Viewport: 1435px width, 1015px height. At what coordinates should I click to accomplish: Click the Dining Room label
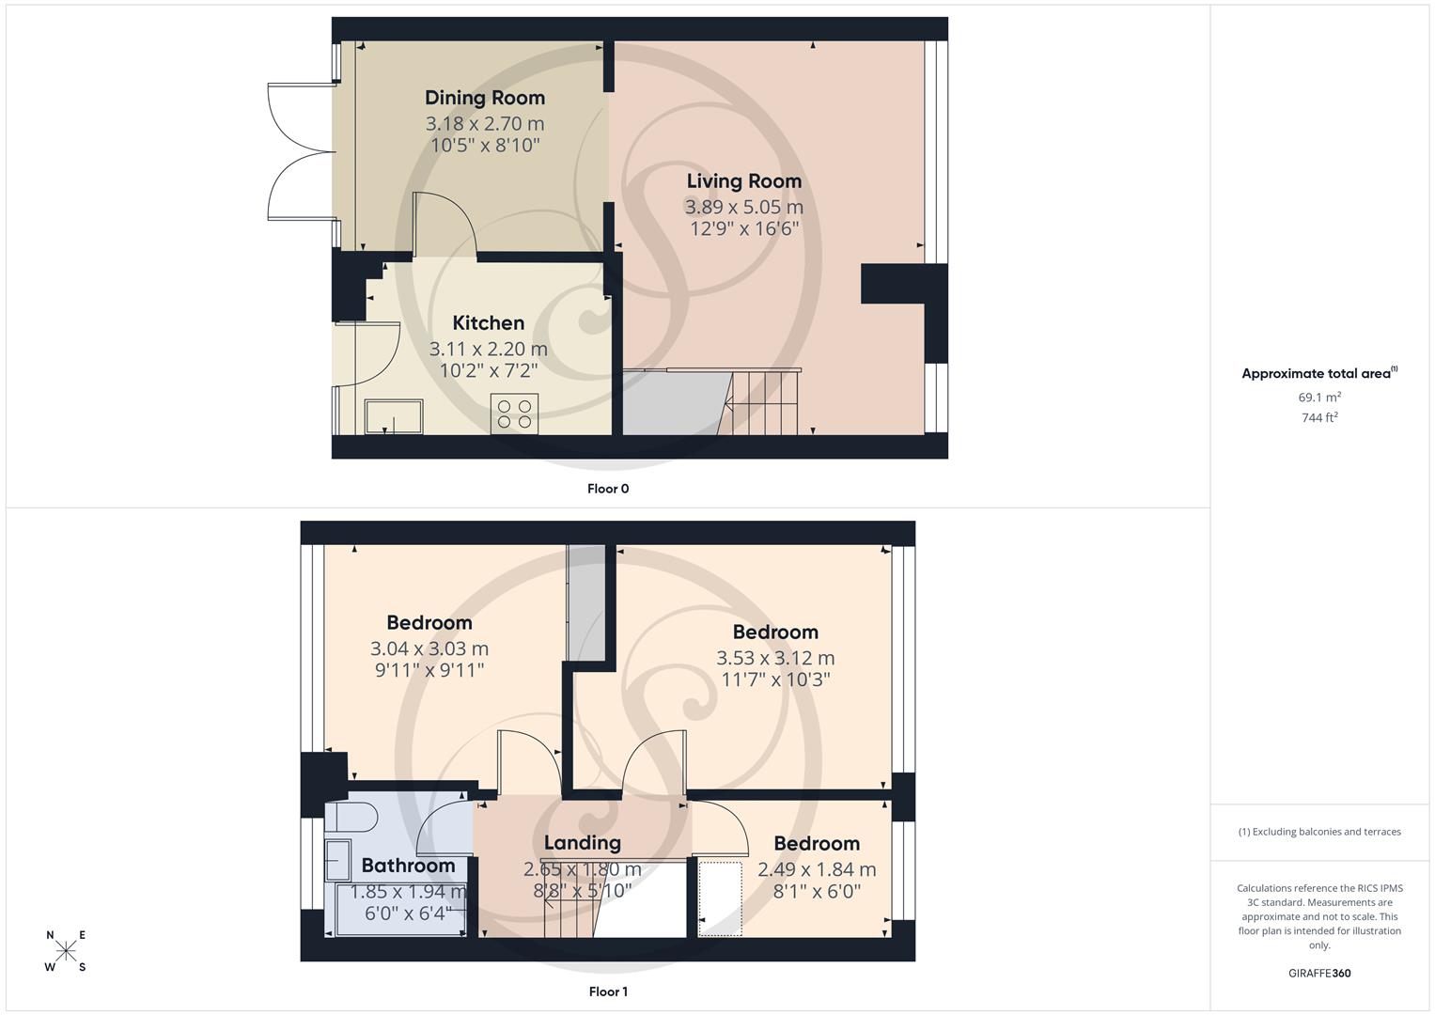[x=484, y=98]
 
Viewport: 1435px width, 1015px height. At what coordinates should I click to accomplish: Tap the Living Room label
[x=743, y=181]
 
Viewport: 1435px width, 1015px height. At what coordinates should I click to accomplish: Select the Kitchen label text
[x=488, y=323]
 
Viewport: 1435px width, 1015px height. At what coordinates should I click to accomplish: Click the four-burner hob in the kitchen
[x=514, y=414]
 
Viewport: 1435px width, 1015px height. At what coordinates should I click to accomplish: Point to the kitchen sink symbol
[x=394, y=416]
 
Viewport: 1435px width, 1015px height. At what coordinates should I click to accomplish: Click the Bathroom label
[x=408, y=866]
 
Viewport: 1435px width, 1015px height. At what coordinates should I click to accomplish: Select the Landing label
[x=582, y=843]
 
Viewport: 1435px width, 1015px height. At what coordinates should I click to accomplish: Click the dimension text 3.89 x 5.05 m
[x=743, y=207]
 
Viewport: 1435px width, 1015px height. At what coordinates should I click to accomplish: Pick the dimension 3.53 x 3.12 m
[x=775, y=658]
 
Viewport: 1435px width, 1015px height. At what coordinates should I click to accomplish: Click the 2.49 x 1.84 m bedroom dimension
[x=817, y=869]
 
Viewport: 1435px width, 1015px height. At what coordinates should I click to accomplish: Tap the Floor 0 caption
[x=608, y=489]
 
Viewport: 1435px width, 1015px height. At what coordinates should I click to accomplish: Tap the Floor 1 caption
[x=608, y=992]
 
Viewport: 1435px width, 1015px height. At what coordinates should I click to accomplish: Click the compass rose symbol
[x=66, y=951]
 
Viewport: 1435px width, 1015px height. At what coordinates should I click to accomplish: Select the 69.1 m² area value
[x=1319, y=398]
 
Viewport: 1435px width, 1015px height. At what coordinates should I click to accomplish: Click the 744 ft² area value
[x=1319, y=418]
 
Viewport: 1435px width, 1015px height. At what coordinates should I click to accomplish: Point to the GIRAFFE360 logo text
[x=1319, y=974]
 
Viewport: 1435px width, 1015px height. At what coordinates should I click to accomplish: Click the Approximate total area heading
[x=1318, y=374]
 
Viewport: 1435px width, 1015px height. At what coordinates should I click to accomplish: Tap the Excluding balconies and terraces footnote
[x=1319, y=832]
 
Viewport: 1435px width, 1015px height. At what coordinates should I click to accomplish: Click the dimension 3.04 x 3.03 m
[x=429, y=648]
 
